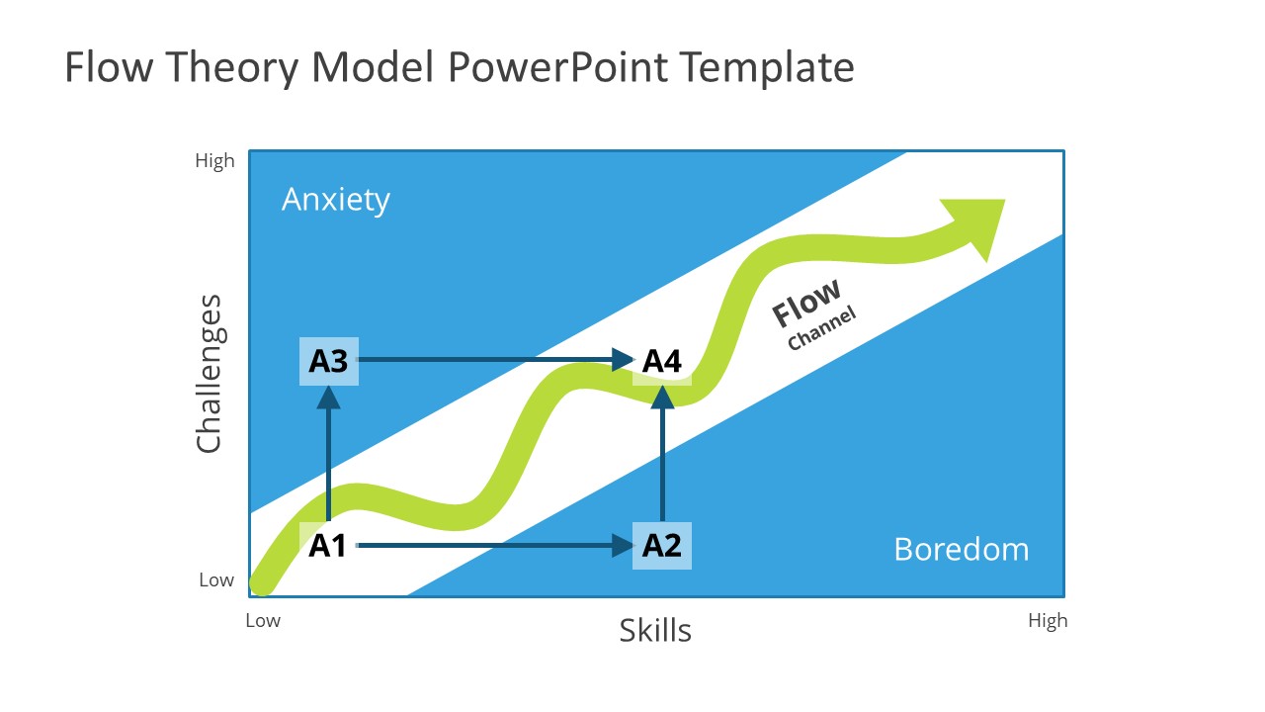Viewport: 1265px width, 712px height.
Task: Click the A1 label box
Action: [328, 545]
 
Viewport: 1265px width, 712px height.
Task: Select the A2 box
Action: [662, 545]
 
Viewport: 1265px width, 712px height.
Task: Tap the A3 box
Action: [328, 361]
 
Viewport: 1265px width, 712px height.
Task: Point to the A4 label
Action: [662, 361]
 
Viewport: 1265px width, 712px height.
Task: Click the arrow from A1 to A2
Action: [494, 545]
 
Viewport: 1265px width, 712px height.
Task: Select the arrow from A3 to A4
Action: [494, 359]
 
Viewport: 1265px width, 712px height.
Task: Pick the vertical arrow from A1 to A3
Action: [328, 450]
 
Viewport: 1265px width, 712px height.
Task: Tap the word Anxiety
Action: [336, 200]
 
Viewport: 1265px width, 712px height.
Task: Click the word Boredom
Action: [961, 549]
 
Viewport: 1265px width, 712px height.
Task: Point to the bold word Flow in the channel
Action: [806, 302]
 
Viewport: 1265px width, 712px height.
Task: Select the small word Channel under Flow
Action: [821, 328]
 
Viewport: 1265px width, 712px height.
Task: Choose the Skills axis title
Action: [655, 630]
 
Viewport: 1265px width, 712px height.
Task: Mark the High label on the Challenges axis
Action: [214, 161]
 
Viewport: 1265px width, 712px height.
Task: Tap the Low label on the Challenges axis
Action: [216, 580]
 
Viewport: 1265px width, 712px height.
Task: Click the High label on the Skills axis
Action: [1048, 621]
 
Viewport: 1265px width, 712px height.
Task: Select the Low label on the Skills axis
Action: [263, 621]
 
